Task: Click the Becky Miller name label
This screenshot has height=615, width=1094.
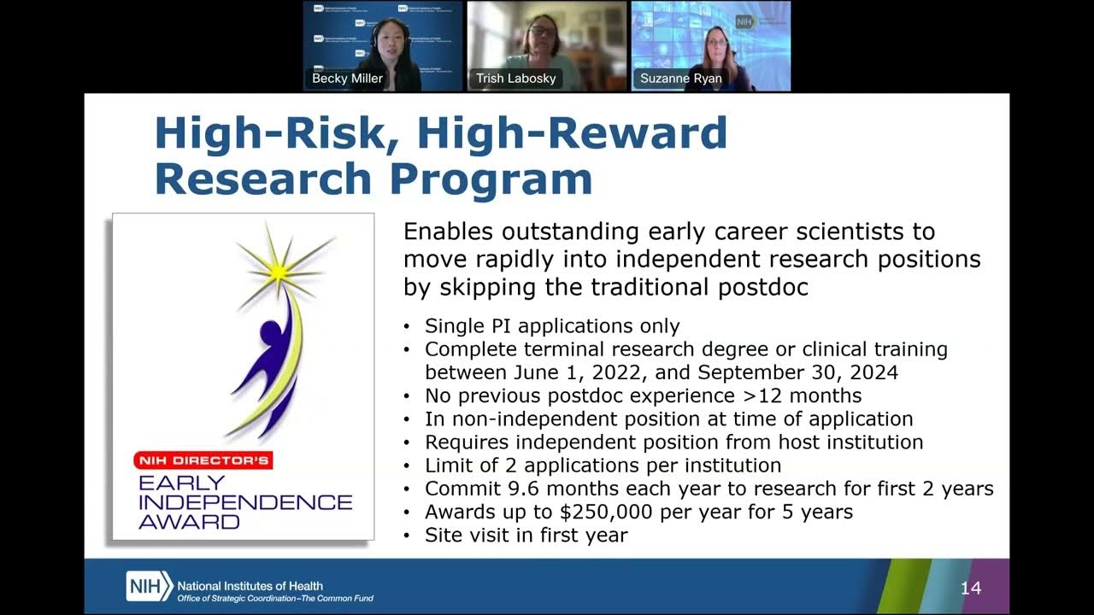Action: pyautogui.click(x=347, y=78)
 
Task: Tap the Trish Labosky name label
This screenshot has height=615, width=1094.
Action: pyautogui.click(x=515, y=78)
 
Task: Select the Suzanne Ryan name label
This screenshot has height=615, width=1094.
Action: pyautogui.click(x=681, y=78)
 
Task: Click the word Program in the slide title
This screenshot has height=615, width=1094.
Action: pyautogui.click(x=491, y=180)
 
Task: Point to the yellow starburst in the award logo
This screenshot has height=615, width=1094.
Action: pyautogui.click(x=279, y=272)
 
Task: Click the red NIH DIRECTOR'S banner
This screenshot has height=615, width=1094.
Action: pyautogui.click(x=203, y=460)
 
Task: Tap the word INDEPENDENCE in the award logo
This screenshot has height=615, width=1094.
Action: pyautogui.click(x=245, y=502)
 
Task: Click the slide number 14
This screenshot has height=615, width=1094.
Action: pyautogui.click(x=971, y=589)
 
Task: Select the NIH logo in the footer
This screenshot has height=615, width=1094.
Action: pyautogui.click(x=149, y=586)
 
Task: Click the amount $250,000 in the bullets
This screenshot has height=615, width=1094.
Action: pyautogui.click(x=606, y=512)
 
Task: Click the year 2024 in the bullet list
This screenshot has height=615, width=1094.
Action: pyautogui.click(x=874, y=372)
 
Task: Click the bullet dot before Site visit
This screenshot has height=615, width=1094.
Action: pyautogui.click(x=406, y=536)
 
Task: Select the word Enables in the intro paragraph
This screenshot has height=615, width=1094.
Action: pyautogui.click(x=448, y=231)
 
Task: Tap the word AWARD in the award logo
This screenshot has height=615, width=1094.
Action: pyautogui.click(x=189, y=522)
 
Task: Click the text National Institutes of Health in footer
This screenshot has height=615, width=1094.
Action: pyautogui.click(x=250, y=586)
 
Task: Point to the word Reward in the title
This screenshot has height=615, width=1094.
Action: pyautogui.click(x=638, y=132)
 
